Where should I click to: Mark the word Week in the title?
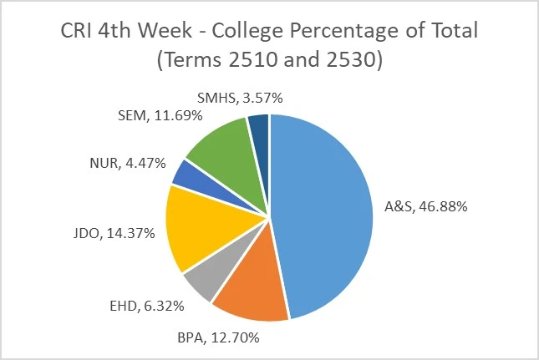(154, 33)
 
